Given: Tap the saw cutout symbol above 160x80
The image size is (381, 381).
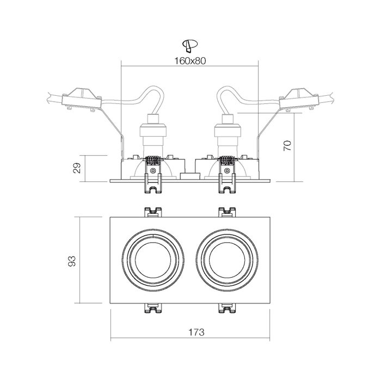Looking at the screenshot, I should click(x=190, y=46).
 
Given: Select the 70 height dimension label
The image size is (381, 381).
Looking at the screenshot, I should click(x=288, y=145).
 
